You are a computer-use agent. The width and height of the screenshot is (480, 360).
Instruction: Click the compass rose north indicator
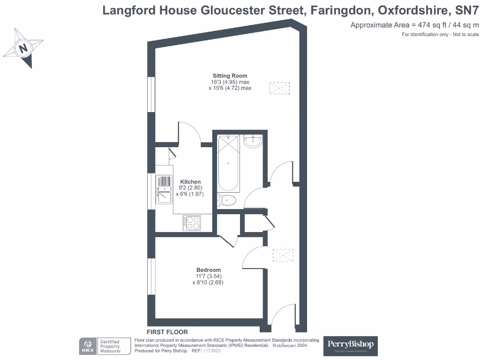click(22, 48)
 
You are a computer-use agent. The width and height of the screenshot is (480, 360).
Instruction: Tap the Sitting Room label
click(230, 75)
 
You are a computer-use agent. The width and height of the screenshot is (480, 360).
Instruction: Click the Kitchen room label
click(190, 182)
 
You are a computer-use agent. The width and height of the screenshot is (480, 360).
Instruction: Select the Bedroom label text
click(208, 270)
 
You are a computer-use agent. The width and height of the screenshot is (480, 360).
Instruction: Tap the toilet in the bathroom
click(227, 201)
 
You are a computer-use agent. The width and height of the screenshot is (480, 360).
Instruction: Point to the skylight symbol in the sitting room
click(279, 88)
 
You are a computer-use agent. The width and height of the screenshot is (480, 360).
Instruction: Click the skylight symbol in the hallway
click(283, 256)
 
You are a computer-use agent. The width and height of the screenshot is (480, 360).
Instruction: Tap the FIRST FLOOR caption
click(167, 332)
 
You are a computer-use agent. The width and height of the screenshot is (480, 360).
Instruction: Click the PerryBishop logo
click(351, 345)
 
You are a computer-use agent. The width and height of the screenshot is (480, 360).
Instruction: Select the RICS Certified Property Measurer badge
click(105, 346)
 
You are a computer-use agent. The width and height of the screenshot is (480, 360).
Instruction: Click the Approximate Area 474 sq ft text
click(414, 25)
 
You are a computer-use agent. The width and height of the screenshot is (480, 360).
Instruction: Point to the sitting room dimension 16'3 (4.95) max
click(230, 82)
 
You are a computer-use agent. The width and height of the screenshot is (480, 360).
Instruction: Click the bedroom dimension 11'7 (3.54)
click(208, 276)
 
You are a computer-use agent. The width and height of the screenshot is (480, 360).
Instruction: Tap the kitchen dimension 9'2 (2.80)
click(190, 188)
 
